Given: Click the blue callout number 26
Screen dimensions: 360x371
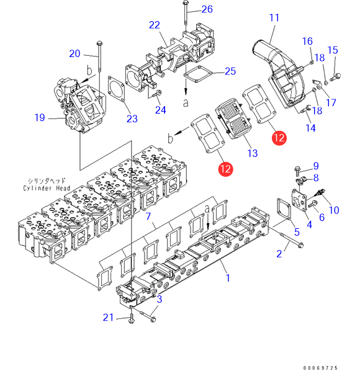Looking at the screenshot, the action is (x=207, y=9).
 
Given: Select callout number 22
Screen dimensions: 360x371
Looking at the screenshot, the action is (x=155, y=25).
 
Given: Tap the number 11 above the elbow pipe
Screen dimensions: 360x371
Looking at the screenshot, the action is (x=274, y=18).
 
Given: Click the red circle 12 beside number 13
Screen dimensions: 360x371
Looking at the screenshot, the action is (x=279, y=138).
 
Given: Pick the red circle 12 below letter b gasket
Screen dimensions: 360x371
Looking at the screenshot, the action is (x=225, y=169).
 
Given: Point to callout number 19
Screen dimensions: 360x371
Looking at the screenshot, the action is (x=40, y=118).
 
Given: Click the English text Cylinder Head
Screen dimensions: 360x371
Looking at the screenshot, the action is (x=47, y=188).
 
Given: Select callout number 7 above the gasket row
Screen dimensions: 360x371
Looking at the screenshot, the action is (x=148, y=216).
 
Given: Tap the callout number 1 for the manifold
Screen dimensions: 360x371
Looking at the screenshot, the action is (x=228, y=278).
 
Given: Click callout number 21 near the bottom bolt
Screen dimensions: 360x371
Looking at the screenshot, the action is (x=108, y=318).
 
